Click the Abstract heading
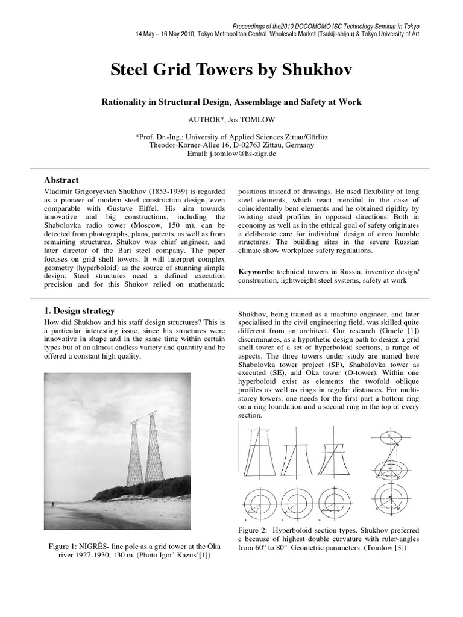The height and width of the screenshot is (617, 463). click(61, 180)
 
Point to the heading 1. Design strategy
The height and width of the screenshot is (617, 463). click(80, 311)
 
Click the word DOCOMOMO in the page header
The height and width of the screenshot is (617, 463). click(315, 27)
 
